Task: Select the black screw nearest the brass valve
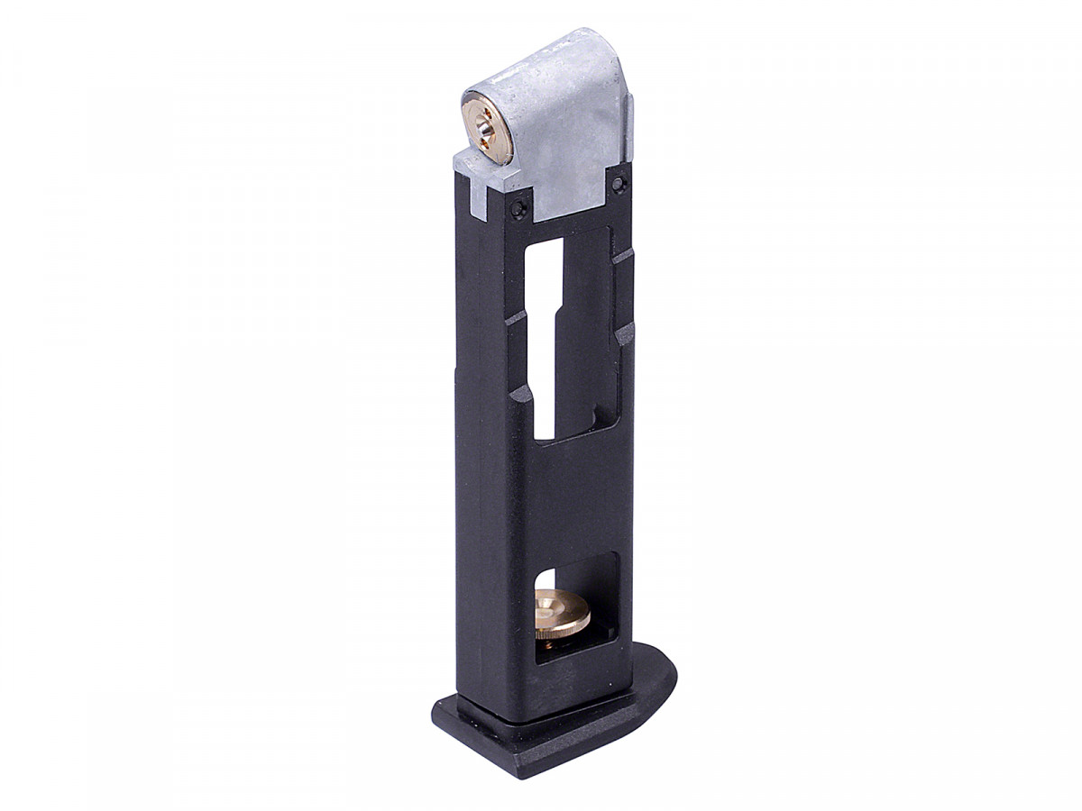517,208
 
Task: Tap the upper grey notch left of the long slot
515,318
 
